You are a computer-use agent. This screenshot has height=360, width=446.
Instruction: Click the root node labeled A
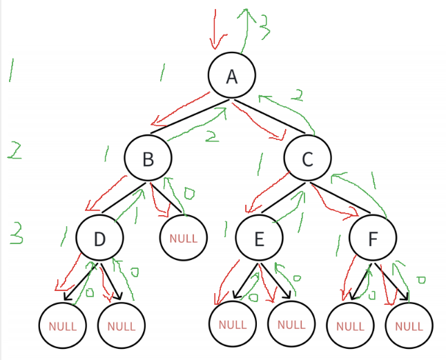(232, 75)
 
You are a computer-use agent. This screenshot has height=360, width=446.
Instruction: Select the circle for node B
(148, 159)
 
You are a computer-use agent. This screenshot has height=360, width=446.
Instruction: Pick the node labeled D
(99, 239)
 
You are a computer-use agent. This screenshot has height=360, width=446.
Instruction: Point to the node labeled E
(259, 239)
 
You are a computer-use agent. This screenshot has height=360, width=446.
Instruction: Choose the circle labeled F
(373, 239)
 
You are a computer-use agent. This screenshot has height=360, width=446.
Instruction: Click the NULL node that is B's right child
(183, 239)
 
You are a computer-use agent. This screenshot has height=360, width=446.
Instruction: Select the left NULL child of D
(62, 325)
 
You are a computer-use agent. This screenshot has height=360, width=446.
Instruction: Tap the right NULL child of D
(122, 325)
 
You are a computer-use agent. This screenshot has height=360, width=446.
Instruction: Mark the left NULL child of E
(232, 323)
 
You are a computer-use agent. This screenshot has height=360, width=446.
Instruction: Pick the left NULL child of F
(349, 326)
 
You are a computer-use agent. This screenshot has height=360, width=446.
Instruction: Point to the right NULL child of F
(409, 326)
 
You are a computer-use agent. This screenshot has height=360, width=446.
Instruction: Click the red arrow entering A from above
(215, 31)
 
